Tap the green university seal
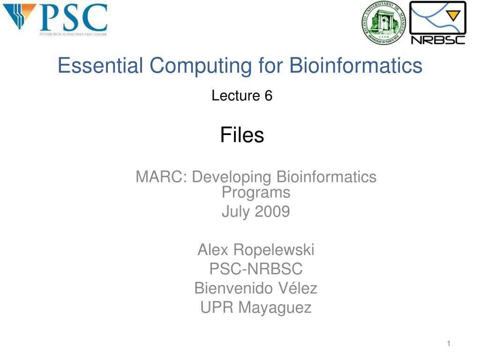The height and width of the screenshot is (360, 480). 383,23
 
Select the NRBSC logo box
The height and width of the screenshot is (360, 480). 438,22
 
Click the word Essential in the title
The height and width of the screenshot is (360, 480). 96,66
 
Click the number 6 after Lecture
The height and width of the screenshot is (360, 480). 268,96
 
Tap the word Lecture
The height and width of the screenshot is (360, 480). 236,96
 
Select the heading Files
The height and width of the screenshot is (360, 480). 242,135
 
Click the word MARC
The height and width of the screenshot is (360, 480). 162,177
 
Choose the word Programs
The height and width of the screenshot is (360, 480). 256,192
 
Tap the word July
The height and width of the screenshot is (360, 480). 236,212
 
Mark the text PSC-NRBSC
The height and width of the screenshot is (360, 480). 256,269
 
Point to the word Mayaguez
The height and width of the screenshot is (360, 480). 275,307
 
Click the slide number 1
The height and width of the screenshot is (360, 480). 449,344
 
